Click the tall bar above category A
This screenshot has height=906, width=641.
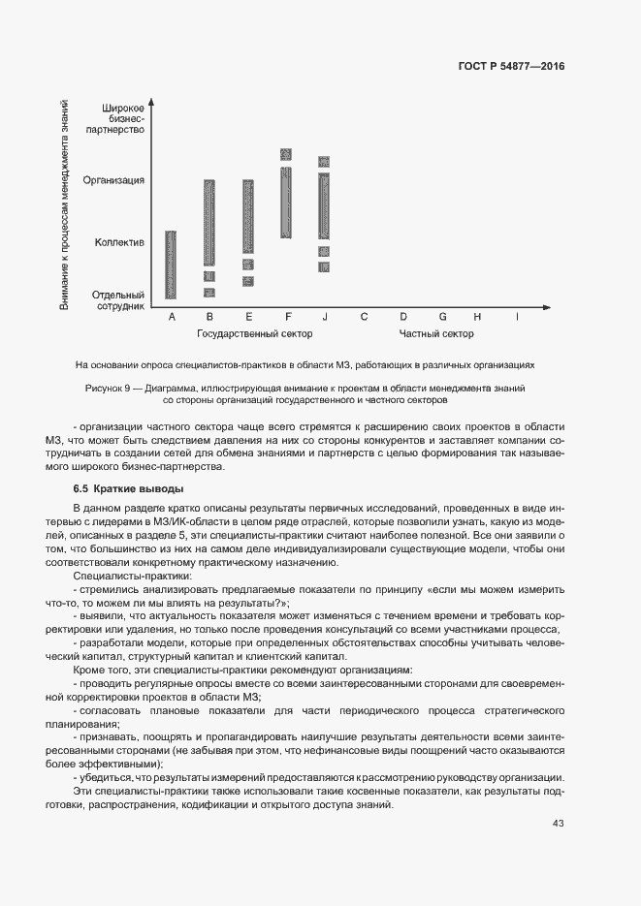pyautogui.click(x=172, y=265)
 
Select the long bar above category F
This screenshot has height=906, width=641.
pyautogui.click(x=286, y=202)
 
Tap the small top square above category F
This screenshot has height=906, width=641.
pyautogui.click(x=286, y=154)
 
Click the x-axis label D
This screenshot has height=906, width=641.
pyautogui.click(x=402, y=317)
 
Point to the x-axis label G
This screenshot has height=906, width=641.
pyautogui.click(x=442, y=317)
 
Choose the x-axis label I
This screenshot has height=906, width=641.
pyautogui.click(x=517, y=317)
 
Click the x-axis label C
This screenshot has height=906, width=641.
pyautogui.click(x=364, y=317)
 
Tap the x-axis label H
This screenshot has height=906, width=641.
pyautogui.click(x=477, y=317)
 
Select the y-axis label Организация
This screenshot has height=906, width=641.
pyautogui.click(x=114, y=180)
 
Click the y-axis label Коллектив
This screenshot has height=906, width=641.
pyautogui.click(x=120, y=241)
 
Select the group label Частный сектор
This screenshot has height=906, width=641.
pyautogui.click(x=436, y=334)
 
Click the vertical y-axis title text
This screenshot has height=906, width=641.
pyautogui.click(x=64, y=205)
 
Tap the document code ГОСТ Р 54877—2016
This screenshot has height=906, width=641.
pyautogui.click(x=511, y=67)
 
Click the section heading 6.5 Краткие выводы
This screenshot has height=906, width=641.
pyautogui.click(x=128, y=489)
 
